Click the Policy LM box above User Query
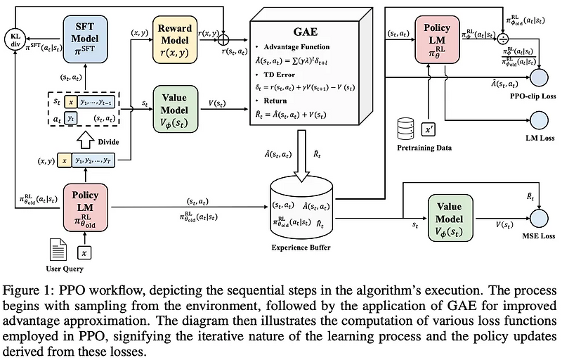pyautogui.click(x=84, y=207)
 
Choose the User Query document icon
pyautogui.click(x=58, y=250)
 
